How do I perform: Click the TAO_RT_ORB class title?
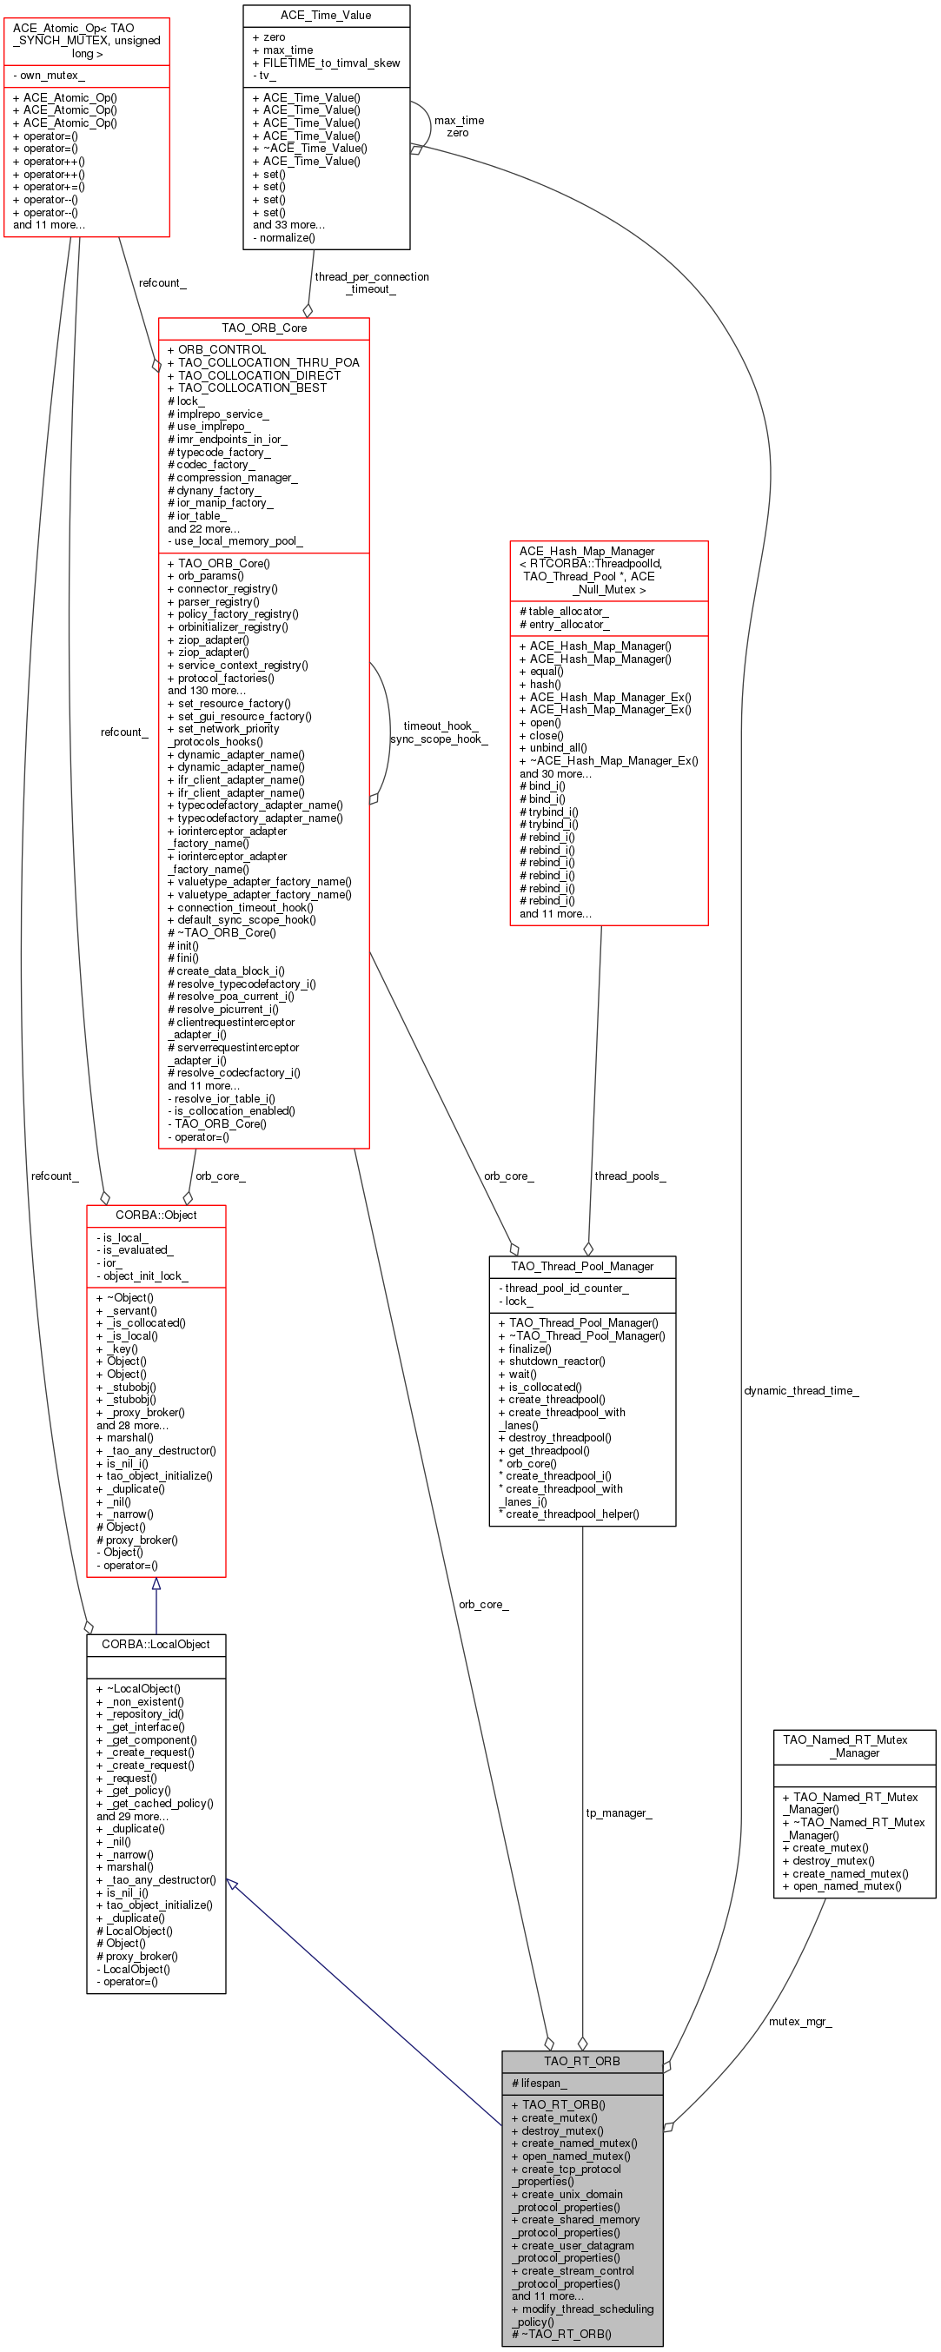click(581, 2061)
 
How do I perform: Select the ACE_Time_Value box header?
click(326, 16)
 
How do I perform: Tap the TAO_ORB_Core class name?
click(264, 328)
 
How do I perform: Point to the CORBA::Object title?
click(156, 1216)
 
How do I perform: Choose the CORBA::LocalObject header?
click(156, 1645)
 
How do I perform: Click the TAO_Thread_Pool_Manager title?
click(582, 1267)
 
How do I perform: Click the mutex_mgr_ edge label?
click(799, 2022)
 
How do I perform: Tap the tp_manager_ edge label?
click(619, 1812)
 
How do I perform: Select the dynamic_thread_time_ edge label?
click(801, 1390)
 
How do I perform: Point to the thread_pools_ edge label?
click(630, 1176)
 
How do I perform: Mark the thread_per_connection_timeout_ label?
click(372, 283)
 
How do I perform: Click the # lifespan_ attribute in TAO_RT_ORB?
click(540, 2083)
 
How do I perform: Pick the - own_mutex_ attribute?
click(50, 76)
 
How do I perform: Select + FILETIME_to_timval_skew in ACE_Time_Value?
click(326, 63)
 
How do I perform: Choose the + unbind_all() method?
click(553, 748)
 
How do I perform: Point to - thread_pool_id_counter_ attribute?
click(563, 1289)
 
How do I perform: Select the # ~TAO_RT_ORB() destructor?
click(561, 2334)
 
